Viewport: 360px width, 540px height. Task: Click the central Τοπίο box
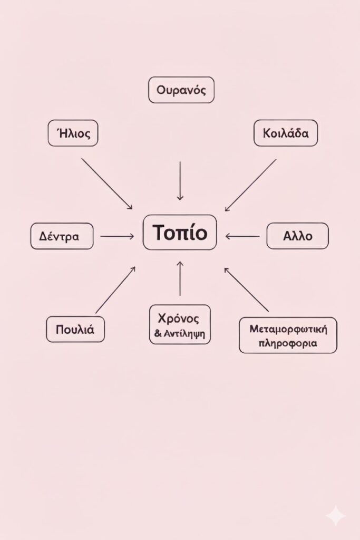coord(180,233)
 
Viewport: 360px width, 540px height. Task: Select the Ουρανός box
coord(181,90)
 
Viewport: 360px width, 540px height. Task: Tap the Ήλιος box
coord(73,133)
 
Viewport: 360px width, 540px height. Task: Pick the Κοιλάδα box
coord(286,133)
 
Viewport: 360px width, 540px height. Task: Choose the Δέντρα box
coord(62,236)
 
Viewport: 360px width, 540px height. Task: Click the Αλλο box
coord(298,236)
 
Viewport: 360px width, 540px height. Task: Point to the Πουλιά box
coord(75,329)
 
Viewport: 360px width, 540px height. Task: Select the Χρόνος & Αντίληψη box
coord(180,324)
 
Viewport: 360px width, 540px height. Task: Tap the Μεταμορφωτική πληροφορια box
coord(288,335)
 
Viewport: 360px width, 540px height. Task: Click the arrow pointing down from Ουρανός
coord(180,181)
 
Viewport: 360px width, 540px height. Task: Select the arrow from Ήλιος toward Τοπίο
coord(107,184)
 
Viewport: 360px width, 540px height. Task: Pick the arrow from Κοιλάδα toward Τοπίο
coord(250,185)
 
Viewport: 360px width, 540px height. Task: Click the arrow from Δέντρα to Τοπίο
coord(117,236)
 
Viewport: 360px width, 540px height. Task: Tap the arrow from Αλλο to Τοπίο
coord(242,236)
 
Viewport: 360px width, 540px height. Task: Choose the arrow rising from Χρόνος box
coord(180,278)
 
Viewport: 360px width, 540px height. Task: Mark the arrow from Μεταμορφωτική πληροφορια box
coord(247,290)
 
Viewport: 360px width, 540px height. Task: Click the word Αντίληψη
coord(184,334)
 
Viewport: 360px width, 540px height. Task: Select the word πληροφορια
coord(288,343)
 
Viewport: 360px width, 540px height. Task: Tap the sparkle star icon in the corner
coord(336,515)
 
